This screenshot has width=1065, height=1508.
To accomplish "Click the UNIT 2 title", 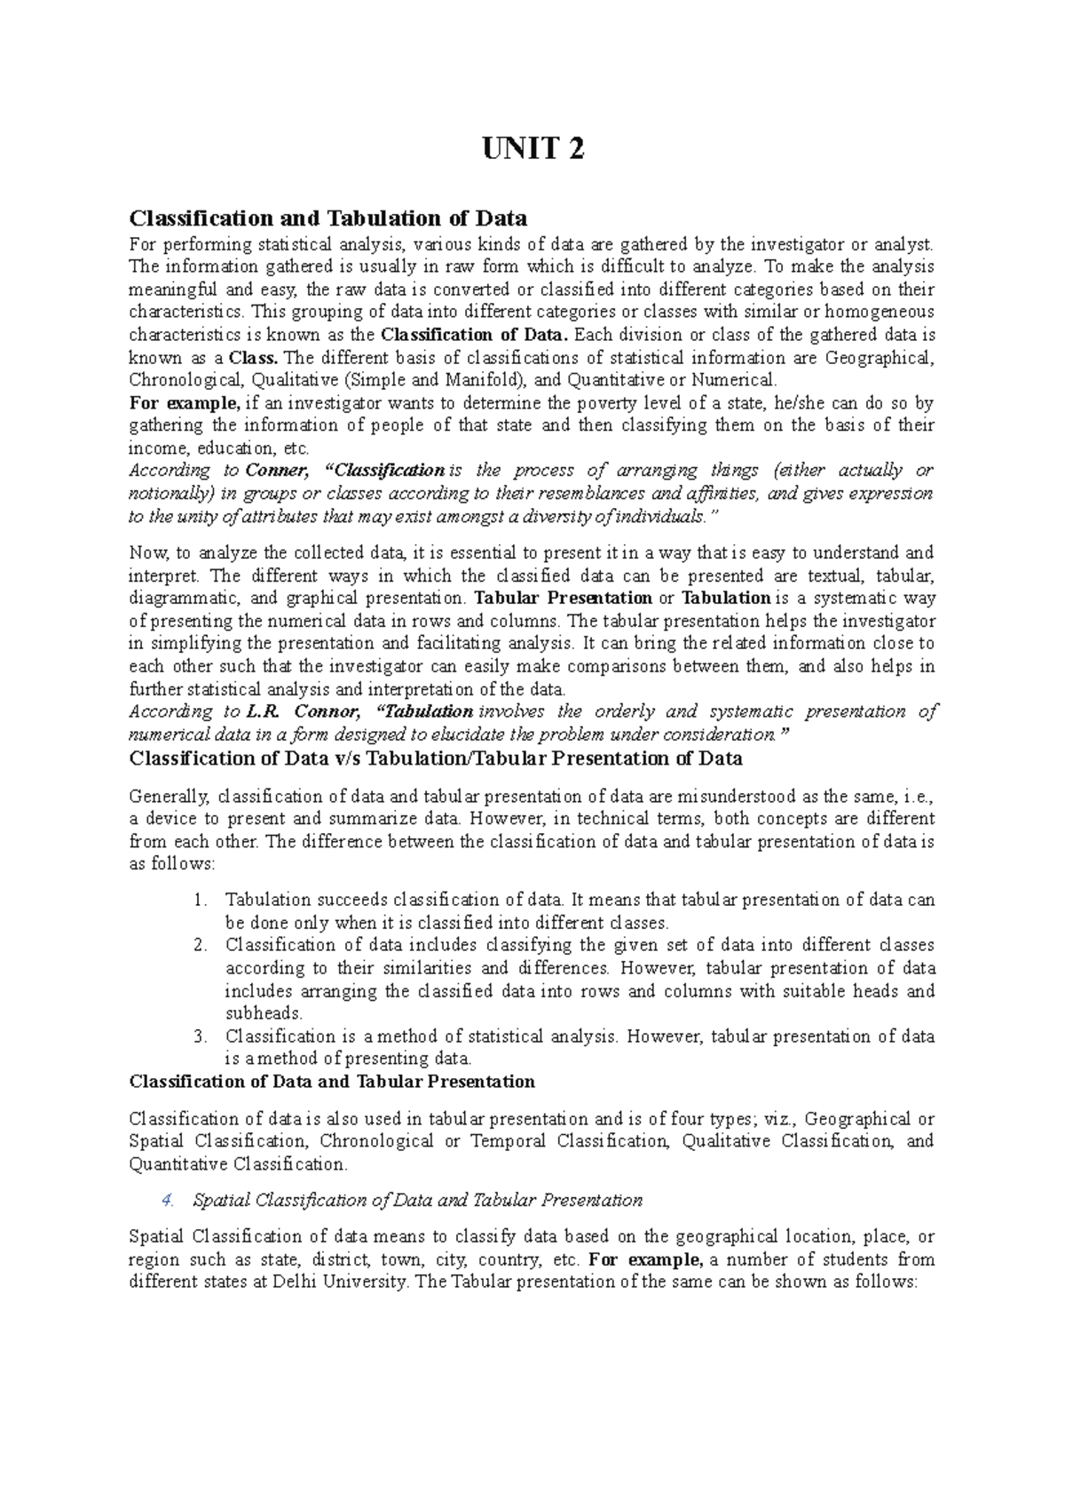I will tap(532, 150).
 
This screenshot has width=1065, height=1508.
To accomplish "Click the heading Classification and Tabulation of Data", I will tap(328, 218).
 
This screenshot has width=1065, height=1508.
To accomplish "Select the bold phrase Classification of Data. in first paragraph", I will tap(475, 335).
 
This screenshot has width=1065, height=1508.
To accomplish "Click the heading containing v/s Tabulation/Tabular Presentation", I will tap(436, 758).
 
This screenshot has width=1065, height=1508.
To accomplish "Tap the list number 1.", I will tap(201, 900).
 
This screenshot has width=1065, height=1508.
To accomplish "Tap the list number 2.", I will tap(201, 945).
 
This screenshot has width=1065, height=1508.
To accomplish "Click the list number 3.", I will tap(201, 1036).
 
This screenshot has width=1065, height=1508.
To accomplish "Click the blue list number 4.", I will tap(167, 1201).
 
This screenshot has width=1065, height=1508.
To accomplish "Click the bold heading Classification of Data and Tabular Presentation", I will tap(332, 1082).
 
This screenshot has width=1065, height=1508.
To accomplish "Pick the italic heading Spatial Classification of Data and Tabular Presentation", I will tap(417, 1201).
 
